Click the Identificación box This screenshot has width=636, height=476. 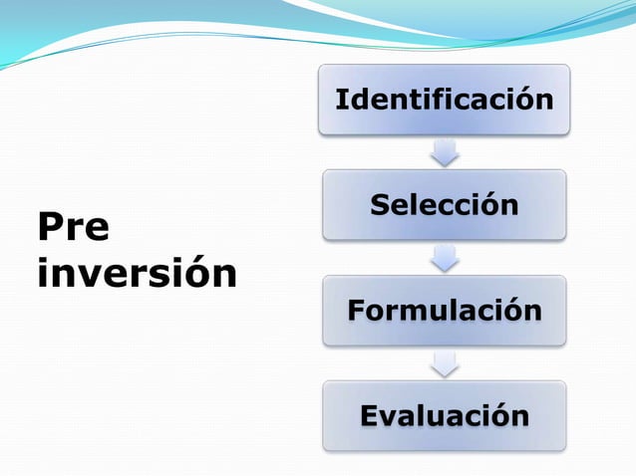444,100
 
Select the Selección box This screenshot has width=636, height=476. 444,205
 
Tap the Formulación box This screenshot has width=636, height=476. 444,311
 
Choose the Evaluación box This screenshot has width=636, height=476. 444,415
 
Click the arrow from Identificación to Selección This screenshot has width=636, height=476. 444,152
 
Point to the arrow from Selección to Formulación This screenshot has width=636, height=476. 444,258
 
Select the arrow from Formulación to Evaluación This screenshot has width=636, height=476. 444,362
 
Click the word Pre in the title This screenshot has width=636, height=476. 73,227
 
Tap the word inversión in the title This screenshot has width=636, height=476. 137,272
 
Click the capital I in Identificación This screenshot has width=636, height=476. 341,100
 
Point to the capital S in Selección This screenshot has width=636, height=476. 380,205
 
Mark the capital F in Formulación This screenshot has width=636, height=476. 356,311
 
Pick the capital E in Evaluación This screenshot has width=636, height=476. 369,415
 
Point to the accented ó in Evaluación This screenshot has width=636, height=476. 496,415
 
